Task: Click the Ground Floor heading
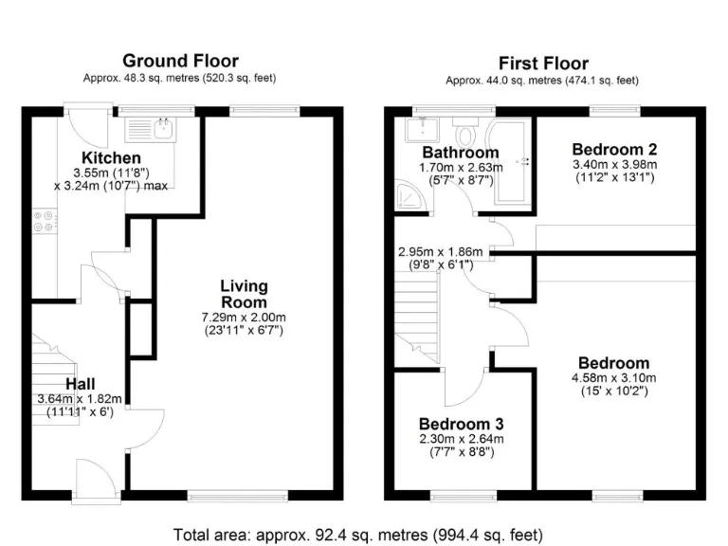pos(180,62)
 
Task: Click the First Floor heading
pos(543,64)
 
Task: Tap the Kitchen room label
pos(111,157)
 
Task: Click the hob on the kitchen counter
pos(43,222)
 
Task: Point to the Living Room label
pos(244,294)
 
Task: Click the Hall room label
pos(80,383)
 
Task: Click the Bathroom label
pos(460,153)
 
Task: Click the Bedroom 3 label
pos(461,423)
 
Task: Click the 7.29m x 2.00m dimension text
pos(245,317)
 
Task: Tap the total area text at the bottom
pos(358,534)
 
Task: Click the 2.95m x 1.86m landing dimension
pos(440,251)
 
